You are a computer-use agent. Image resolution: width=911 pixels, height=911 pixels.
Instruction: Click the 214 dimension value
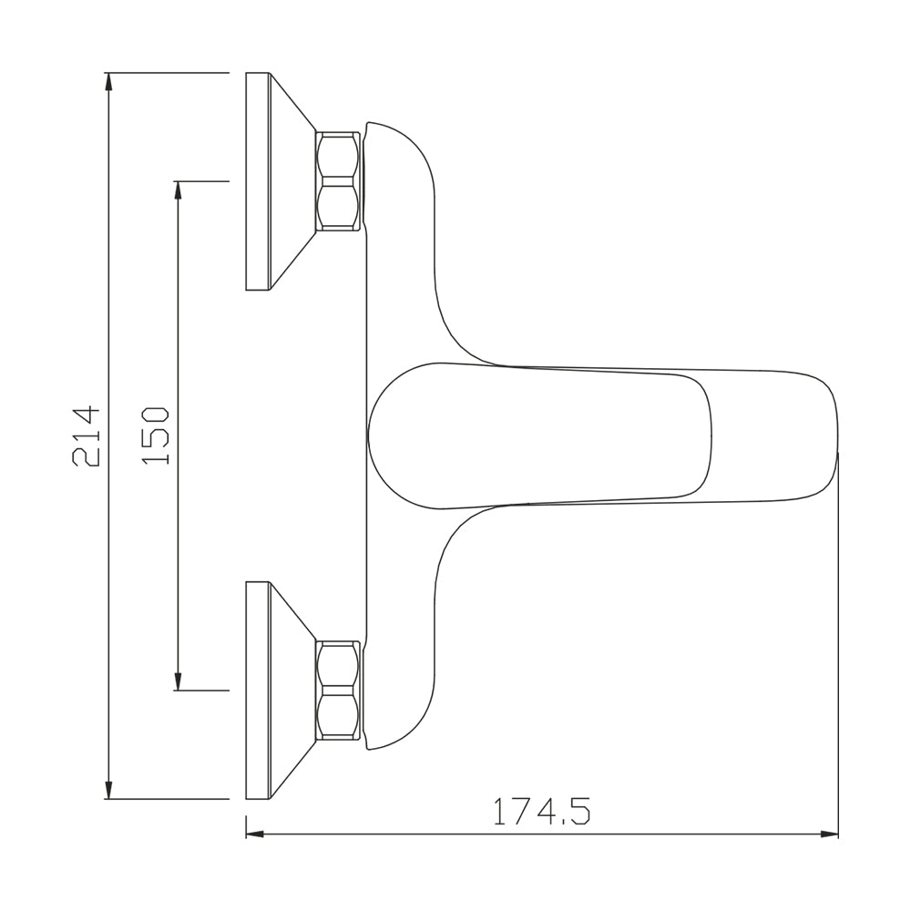pos(87,436)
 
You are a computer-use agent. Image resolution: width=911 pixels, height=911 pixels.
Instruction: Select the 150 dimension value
pos(155,435)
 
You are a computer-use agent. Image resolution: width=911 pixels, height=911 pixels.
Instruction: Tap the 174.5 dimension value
pos(541,811)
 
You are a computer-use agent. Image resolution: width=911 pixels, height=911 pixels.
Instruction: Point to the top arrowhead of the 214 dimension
pos(108,81)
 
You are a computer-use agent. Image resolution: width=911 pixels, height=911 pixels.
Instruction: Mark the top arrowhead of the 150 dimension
pos(179,189)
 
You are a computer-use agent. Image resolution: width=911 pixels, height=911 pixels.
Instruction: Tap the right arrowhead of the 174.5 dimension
pos(830,834)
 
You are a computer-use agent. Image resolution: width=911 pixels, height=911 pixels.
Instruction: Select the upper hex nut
pos(338,182)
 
